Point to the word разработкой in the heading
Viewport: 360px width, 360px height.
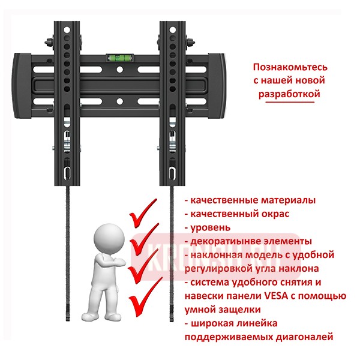pos(285,94)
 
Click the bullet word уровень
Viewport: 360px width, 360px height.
pos(210,227)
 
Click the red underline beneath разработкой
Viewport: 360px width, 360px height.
pos(286,103)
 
